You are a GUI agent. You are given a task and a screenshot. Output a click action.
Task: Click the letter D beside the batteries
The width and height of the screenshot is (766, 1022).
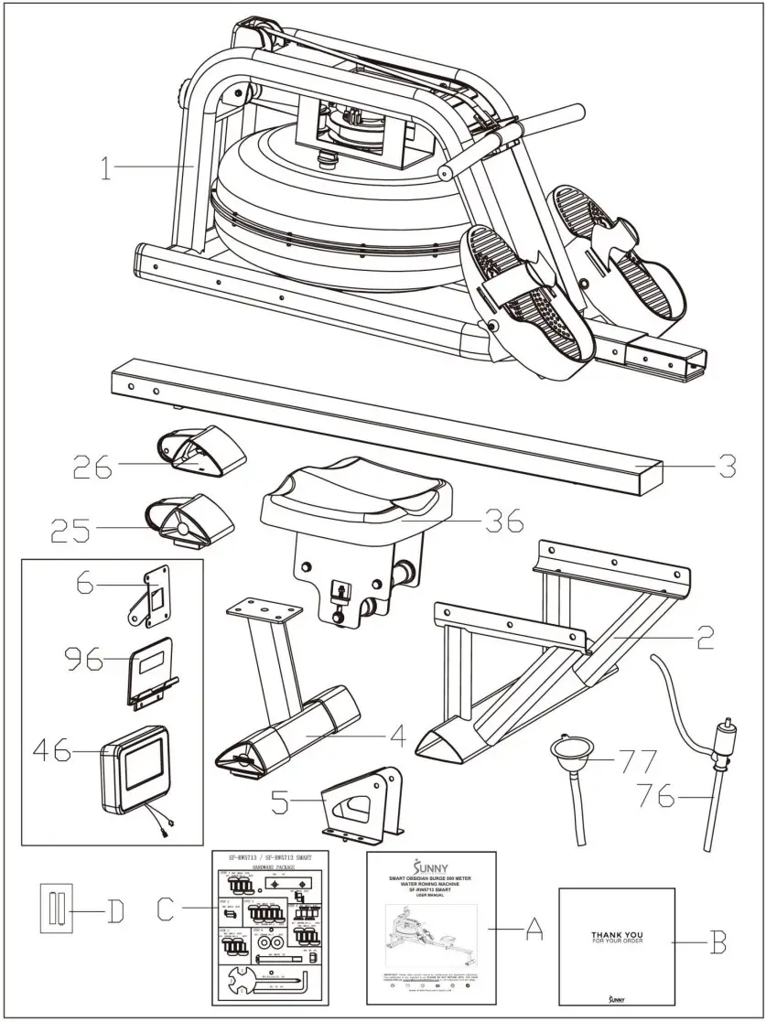[x=114, y=911]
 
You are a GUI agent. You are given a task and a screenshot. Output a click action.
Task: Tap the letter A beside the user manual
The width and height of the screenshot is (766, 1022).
[x=534, y=931]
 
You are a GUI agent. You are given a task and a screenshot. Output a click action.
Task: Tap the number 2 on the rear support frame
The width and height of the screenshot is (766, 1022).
[x=704, y=637]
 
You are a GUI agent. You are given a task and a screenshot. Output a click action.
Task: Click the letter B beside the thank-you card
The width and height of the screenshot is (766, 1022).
[x=717, y=941]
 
